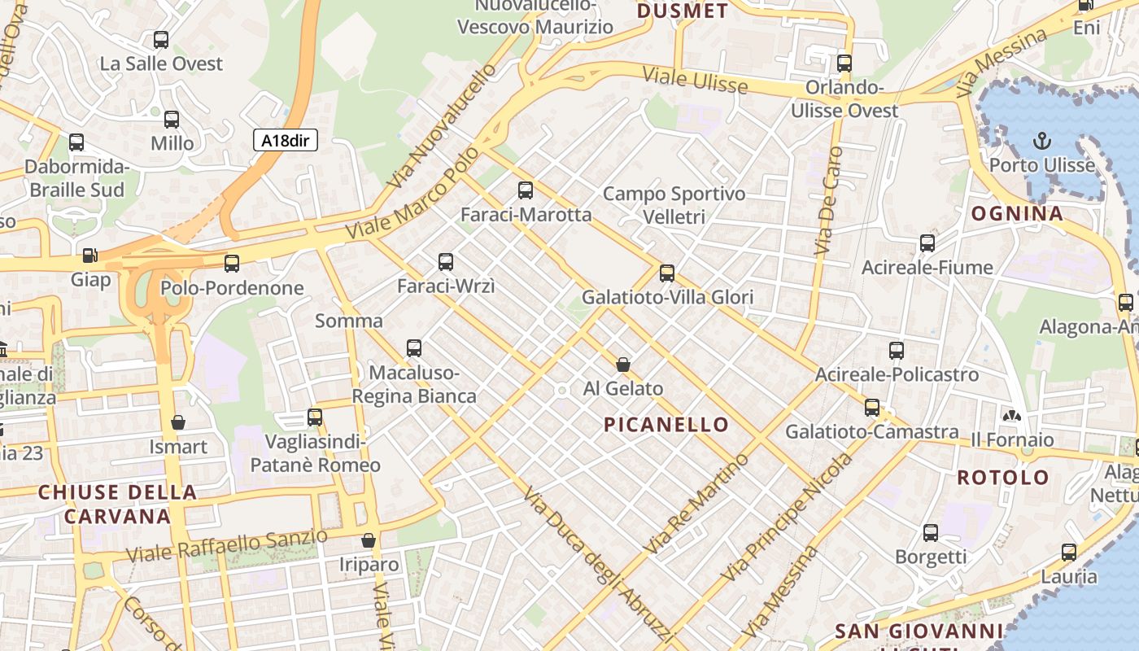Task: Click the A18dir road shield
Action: click(285, 140)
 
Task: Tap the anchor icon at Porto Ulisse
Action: click(1041, 142)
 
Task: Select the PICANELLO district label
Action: click(666, 424)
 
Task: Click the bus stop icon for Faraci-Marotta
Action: click(526, 190)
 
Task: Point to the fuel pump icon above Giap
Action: click(89, 256)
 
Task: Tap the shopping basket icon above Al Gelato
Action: click(623, 365)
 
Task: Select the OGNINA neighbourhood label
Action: click(1017, 214)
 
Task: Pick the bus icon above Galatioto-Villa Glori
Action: click(667, 273)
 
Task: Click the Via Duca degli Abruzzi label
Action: click(598, 566)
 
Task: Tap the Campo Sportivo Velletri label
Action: click(674, 205)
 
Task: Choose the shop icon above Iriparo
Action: click(369, 540)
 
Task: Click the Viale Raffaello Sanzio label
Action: click(227, 545)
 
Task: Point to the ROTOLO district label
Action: click(1003, 477)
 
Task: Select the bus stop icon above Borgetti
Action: click(931, 533)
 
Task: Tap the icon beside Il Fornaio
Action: click(1012, 417)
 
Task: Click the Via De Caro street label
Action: click(830, 203)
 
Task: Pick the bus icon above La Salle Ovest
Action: click(161, 39)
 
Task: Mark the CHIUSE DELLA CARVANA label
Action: click(117, 504)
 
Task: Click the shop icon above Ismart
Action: click(178, 422)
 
